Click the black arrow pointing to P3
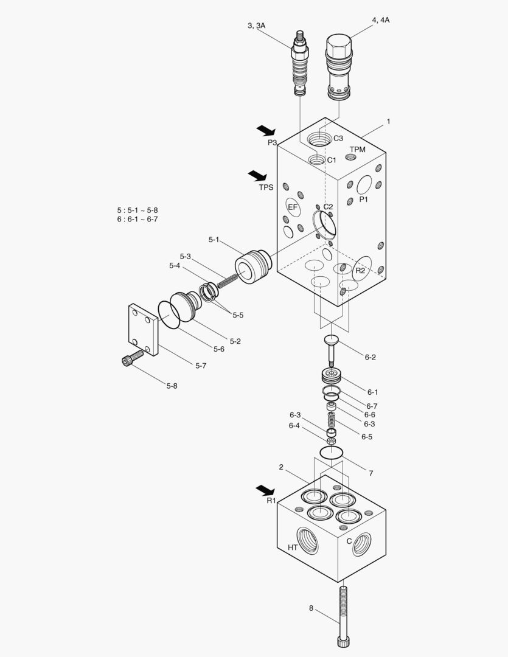[266, 131]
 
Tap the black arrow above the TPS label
[257, 176]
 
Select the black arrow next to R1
[265, 489]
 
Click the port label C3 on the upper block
[338, 138]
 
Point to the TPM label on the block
[358, 150]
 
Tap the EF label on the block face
[293, 207]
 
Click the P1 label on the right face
[363, 200]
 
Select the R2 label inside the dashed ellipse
[360, 271]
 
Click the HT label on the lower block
[293, 547]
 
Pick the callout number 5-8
[172, 386]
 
